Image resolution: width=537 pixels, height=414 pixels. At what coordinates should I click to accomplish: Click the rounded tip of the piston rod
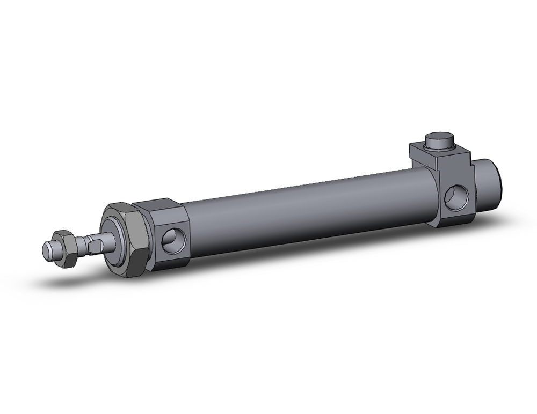48,249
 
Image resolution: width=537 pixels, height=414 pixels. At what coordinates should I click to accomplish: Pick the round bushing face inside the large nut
115,239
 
